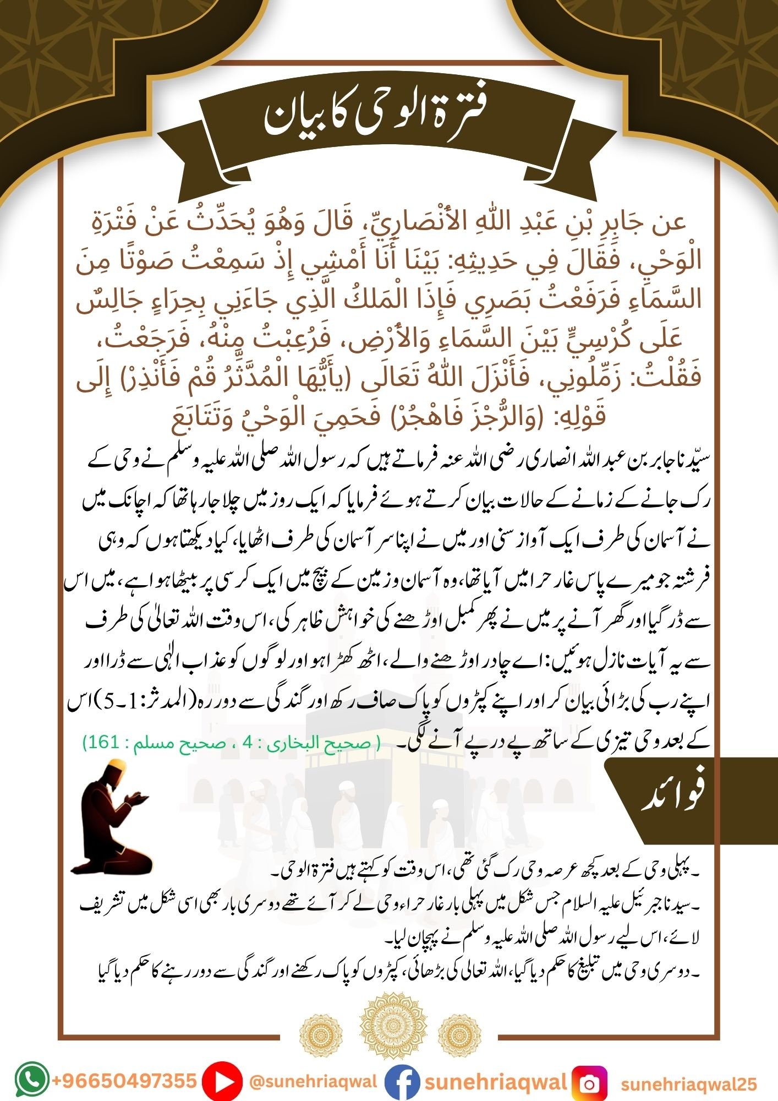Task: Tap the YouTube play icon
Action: point(222,1082)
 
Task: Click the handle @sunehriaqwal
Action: point(313,1081)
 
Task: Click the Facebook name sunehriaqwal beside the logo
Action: point(495,1082)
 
